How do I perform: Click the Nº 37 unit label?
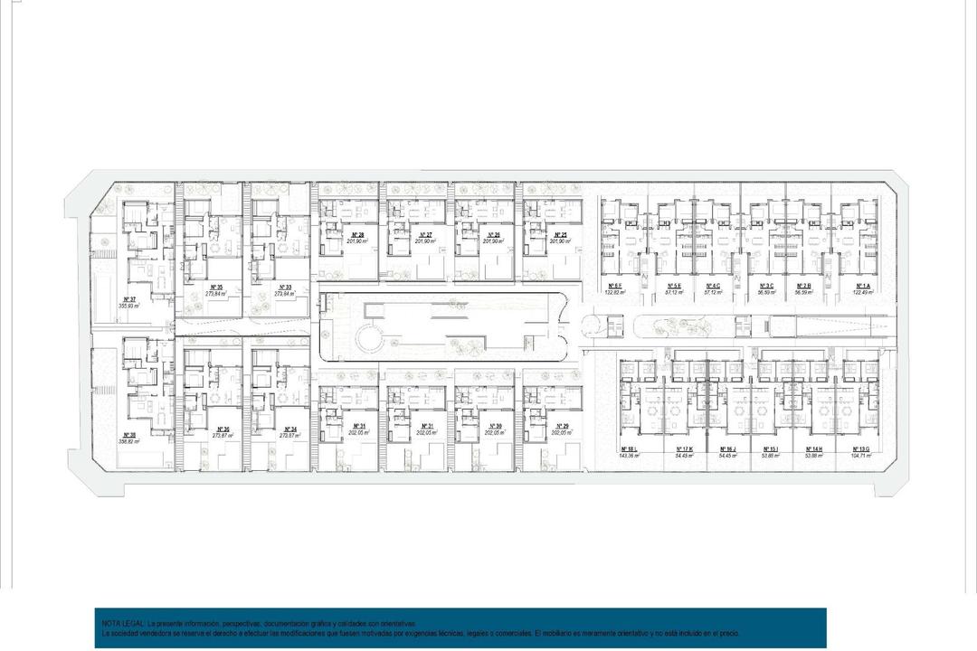(130, 297)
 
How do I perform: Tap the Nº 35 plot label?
(214, 287)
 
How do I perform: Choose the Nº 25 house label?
(558, 234)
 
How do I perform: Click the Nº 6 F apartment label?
(614, 286)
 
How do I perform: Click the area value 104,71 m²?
(858, 456)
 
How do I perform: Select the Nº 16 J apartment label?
(727, 449)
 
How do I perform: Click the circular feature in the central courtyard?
(368, 338)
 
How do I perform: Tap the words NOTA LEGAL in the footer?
(123, 623)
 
